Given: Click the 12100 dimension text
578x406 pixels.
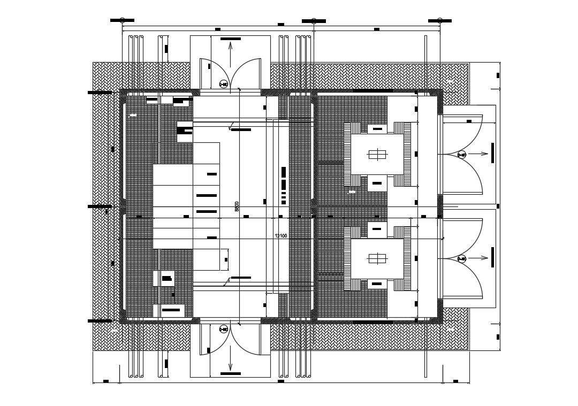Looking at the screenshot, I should pyautogui.click(x=281, y=235).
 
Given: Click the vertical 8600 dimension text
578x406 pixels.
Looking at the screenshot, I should pyautogui.click(x=237, y=207).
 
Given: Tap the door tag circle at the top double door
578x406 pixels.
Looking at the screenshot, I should pyautogui.click(x=224, y=83).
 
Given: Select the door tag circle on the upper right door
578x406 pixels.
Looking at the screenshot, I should pyautogui.click(x=461, y=155).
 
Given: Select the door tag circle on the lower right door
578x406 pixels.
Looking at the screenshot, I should pyautogui.click(x=461, y=259).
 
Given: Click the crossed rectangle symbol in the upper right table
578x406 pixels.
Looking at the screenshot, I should pyautogui.click(x=377, y=155).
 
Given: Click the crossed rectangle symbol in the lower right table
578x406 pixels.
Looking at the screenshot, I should pyautogui.click(x=377, y=259).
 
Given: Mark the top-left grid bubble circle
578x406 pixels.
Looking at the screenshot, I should pyautogui.click(x=123, y=20).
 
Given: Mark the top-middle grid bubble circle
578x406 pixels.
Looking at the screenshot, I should pyautogui.click(x=314, y=21).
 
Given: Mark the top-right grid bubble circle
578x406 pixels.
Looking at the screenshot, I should pyautogui.click(x=440, y=20).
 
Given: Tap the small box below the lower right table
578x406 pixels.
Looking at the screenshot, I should pyautogui.click(x=377, y=283).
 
